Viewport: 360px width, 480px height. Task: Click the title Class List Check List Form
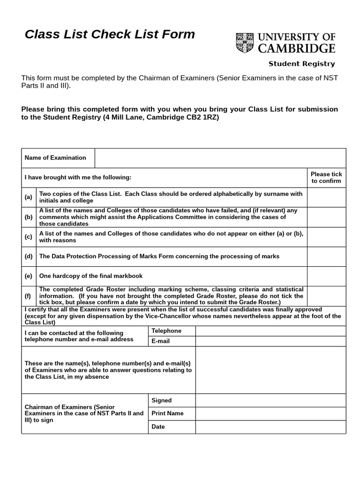(110, 34)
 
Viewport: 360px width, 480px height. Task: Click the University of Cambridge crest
(243, 42)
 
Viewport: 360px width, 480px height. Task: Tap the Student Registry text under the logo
(301, 64)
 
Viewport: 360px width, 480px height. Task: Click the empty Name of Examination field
(220, 158)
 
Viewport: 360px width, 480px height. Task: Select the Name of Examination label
(55, 158)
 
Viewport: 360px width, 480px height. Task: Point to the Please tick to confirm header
(326, 177)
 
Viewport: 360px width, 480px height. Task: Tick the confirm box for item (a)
(326, 197)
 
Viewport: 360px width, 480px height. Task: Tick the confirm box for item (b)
(326, 217)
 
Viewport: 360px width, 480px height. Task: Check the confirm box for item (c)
(326, 237)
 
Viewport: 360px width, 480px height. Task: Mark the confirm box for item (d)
(326, 256)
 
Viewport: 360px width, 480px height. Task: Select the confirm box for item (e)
(326, 276)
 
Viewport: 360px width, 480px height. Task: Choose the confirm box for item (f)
(326, 296)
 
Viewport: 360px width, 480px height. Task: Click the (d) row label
(29, 256)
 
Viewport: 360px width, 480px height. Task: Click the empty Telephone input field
(270, 331)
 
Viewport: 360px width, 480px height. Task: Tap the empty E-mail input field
(270, 341)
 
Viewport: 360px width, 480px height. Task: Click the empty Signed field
(270, 401)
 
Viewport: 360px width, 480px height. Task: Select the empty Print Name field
(270, 414)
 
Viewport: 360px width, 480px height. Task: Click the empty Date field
(270, 427)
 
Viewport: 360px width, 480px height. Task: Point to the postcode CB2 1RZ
(202, 118)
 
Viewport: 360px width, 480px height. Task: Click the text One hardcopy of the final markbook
(91, 276)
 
